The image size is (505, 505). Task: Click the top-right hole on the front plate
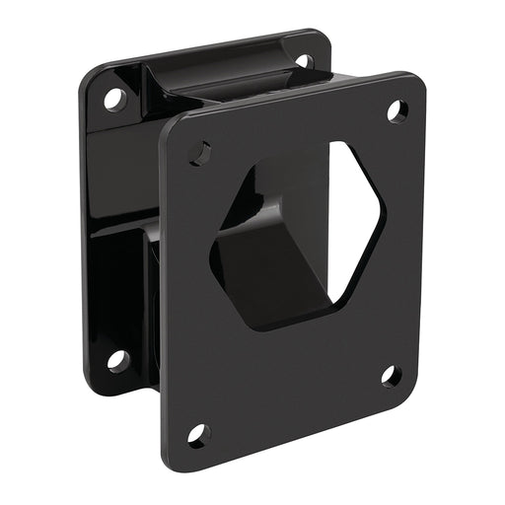[397, 110]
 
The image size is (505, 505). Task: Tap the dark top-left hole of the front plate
[200, 151]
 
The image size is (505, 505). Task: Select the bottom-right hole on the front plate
[392, 376]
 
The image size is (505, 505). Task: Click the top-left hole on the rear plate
[115, 99]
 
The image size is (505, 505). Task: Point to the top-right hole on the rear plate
[303, 60]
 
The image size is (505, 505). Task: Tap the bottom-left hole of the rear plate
[117, 360]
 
